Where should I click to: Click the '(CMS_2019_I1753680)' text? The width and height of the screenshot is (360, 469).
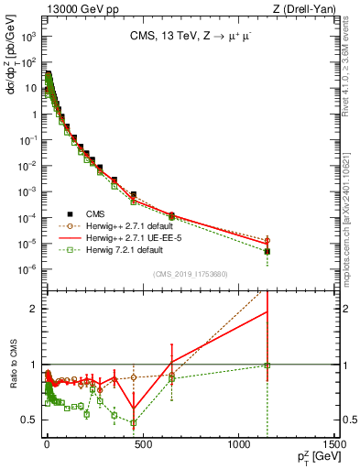[189, 272]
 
